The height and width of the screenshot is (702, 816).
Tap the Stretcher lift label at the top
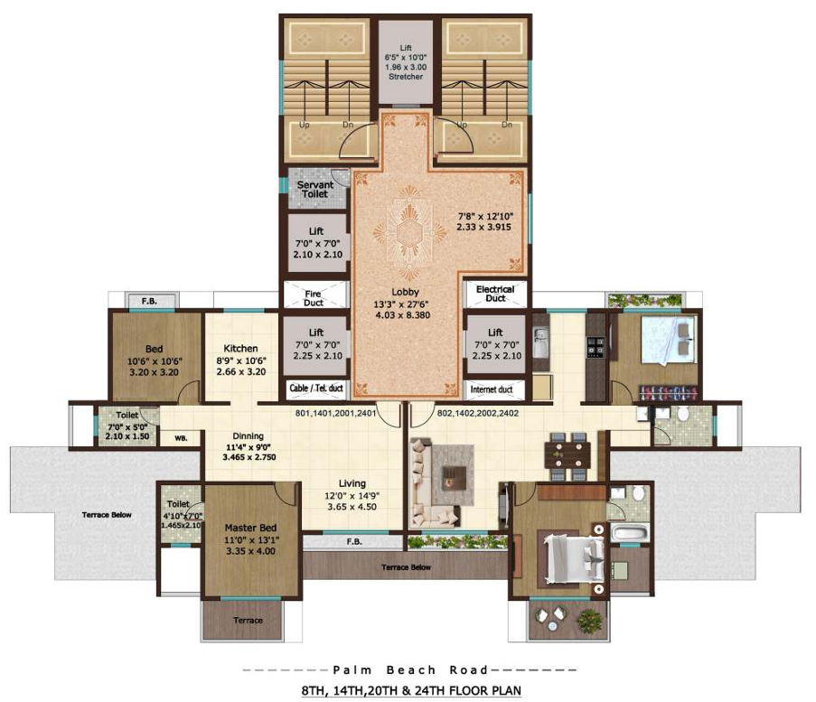406,77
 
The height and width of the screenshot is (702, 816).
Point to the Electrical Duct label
495,294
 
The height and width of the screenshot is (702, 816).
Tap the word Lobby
404,292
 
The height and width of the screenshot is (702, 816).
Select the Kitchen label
241,348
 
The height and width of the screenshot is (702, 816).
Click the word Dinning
248,435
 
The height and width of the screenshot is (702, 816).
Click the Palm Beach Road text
409,669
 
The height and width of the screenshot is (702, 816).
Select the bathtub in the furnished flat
629,531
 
